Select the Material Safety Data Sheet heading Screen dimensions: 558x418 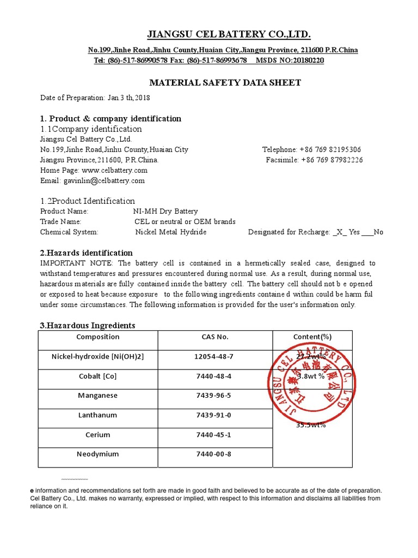click(225, 83)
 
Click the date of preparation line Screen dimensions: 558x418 click(95, 98)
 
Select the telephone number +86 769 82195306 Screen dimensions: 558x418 click(330, 149)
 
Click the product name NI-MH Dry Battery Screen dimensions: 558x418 click(165, 211)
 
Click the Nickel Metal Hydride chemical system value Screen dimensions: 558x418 click(171, 232)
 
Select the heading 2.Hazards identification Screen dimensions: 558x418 click(87, 253)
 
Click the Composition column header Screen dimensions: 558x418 click(97, 337)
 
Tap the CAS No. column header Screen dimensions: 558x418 click(214, 337)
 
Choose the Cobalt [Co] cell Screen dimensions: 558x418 click(97, 376)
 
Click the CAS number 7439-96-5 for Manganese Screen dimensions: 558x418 click(214, 396)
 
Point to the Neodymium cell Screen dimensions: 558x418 click(97, 454)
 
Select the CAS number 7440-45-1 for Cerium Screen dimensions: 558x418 click(214, 435)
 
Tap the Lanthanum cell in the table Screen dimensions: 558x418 click(97, 415)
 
